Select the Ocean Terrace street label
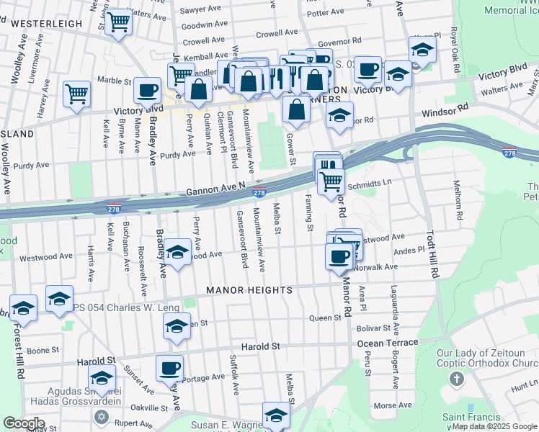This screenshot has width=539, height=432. (x=387, y=343)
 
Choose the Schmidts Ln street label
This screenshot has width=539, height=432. (x=367, y=184)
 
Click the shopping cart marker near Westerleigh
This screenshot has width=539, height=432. (x=117, y=22)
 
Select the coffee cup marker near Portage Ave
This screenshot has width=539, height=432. (x=169, y=369)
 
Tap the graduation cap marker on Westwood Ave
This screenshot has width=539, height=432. (x=177, y=252)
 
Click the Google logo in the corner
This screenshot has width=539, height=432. (x=24, y=423)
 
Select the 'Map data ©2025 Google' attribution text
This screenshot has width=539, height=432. (x=494, y=427)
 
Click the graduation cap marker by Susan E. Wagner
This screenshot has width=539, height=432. (x=275, y=414)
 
